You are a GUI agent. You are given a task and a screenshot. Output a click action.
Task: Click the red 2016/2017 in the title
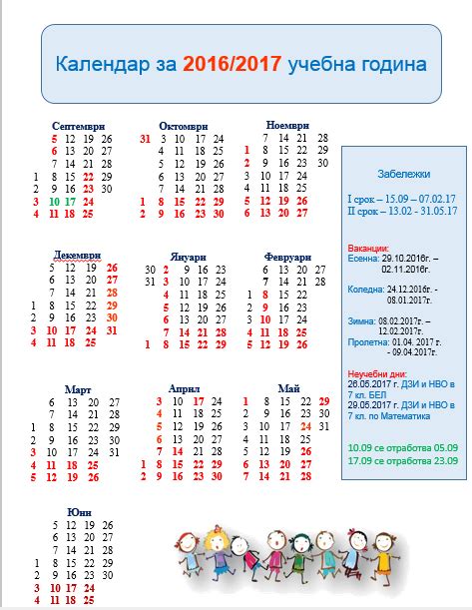pos(232,65)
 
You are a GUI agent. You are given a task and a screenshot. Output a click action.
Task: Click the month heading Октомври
pos(183,126)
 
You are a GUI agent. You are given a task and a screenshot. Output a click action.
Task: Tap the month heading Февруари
pos(288,256)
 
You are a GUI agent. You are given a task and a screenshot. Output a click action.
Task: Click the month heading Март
pos(79,387)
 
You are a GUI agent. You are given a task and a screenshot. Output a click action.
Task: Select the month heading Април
pos(185,387)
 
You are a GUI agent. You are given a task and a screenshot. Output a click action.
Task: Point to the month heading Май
pos(289,387)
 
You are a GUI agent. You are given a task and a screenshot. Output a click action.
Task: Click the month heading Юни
pos(79,512)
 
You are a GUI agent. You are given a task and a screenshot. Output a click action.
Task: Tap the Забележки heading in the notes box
pos(401,172)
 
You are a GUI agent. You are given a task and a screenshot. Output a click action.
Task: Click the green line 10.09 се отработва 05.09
pos(402,447)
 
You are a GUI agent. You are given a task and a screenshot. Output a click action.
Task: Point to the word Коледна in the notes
pos(364,288)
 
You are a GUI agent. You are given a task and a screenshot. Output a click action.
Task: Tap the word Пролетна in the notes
pos(367,341)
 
